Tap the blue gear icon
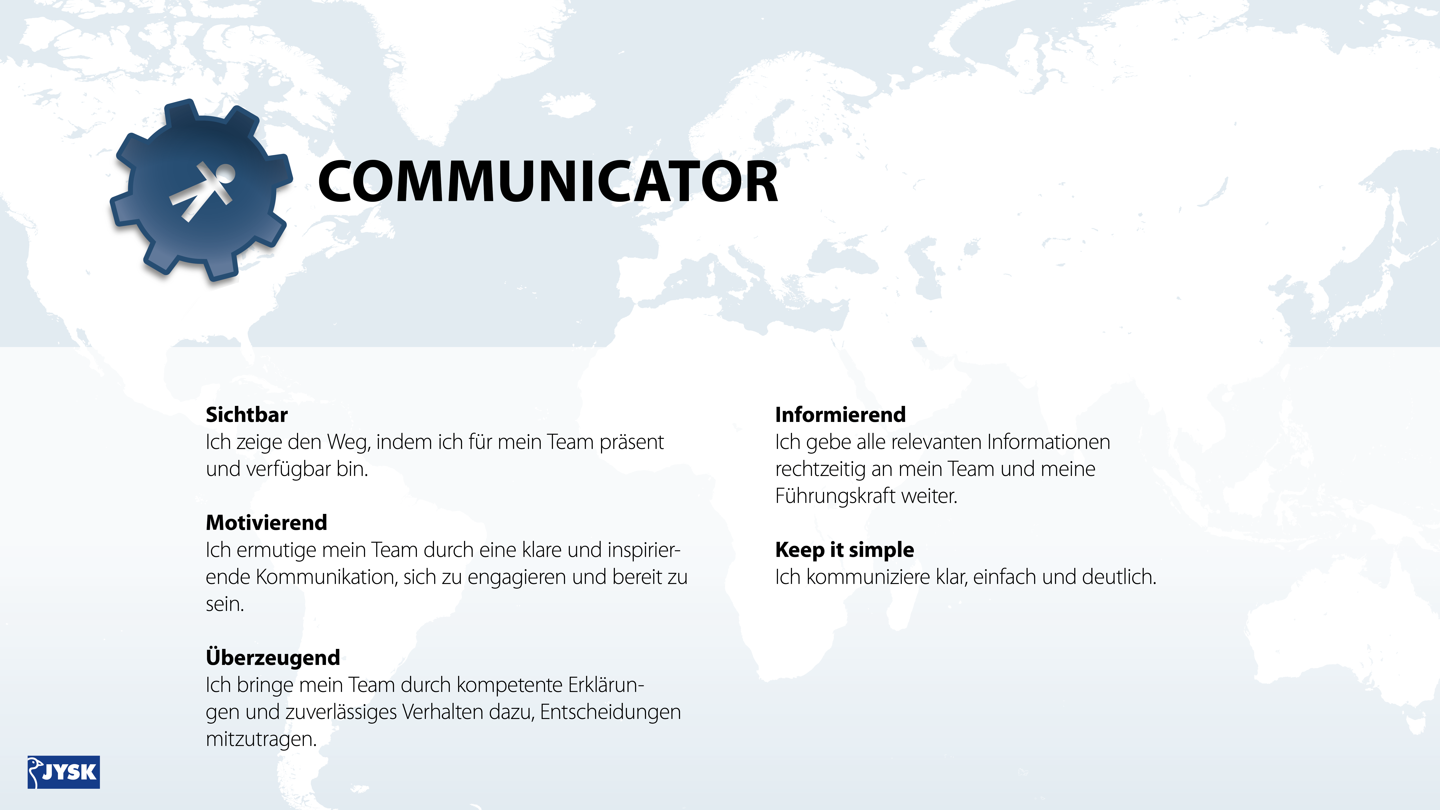[201, 190]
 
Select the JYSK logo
[64, 772]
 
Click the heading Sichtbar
[247, 415]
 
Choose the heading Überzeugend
[273, 657]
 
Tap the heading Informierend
[840, 415]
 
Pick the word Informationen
[1049, 442]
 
